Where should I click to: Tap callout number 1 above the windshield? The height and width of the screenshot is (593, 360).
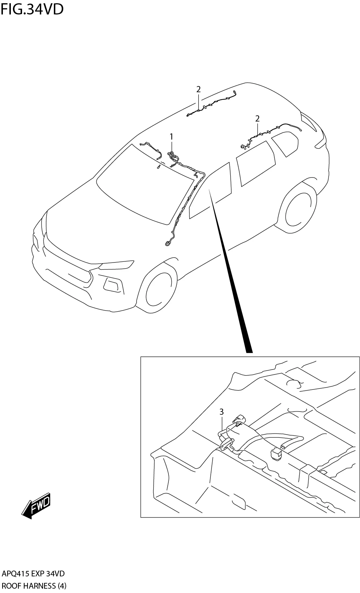click(171, 137)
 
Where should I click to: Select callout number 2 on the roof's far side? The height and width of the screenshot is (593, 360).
click(198, 89)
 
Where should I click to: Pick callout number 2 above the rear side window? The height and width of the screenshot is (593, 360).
click(257, 118)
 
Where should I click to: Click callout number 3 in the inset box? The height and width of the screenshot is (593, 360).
click(221, 411)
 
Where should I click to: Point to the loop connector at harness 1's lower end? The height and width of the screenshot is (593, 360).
click(168, 243)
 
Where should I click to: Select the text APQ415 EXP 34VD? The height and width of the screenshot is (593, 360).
click(33, 574)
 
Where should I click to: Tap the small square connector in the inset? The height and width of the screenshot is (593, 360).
click(276, 454)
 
